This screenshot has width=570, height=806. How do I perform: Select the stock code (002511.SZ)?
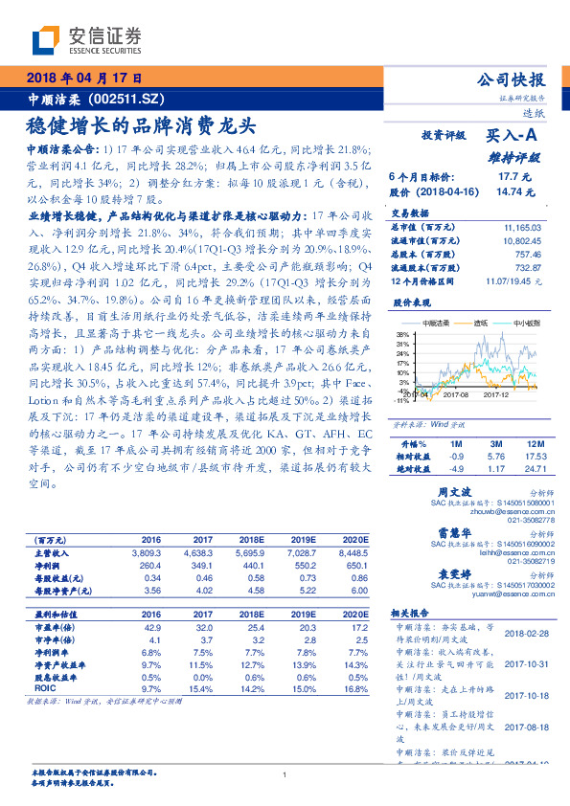point(129,98)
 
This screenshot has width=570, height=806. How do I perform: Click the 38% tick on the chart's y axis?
point(401,334)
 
